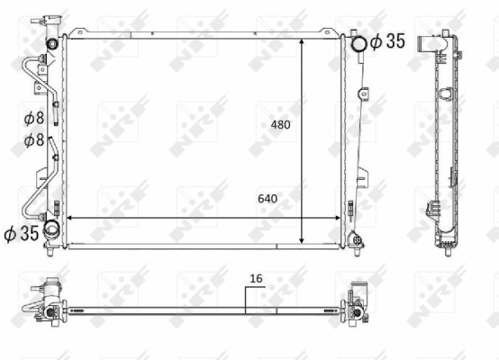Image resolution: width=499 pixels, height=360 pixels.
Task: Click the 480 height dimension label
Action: (282, 125)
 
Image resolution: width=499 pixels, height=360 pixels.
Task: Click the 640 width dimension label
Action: (268, 199)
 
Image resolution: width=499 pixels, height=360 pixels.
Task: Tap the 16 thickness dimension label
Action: (256, 279)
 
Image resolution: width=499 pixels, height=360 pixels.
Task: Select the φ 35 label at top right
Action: (387, 40)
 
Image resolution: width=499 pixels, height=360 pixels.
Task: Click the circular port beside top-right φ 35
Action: (358, 42)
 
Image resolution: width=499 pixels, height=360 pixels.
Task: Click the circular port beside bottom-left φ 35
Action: (52, 229)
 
